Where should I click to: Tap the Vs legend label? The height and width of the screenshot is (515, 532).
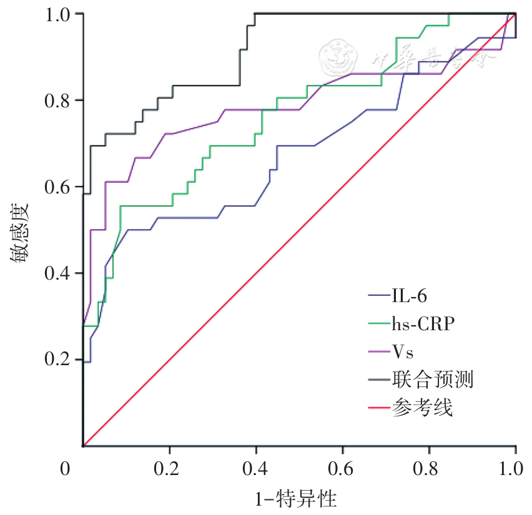point(403,351)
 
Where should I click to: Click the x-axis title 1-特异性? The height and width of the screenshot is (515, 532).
point(296,499)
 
